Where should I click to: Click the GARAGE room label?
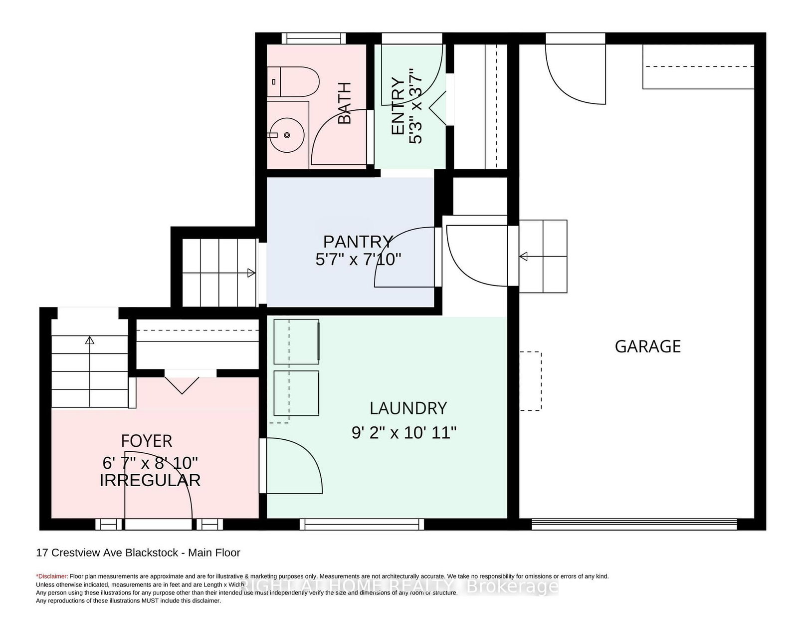[x=647, y=346]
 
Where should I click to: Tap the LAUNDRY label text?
[x=408, y=408]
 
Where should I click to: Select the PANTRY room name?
[x=358, y=242]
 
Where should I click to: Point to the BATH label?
[x=345, y=103]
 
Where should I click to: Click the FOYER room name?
[x=147, y=441]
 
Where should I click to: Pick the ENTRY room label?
[x=398, y=106]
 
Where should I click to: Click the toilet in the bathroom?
[x=293, y=81]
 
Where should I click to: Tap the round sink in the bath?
[x=287, y=135]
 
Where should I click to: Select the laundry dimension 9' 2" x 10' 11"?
[x=404, y=432]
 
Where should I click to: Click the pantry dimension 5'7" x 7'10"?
[x=358, y=260]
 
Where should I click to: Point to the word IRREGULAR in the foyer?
[x=150, y=480]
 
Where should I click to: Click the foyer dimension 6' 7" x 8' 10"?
[x=150, y=463]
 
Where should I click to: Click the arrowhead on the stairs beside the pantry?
[x=251, y=273]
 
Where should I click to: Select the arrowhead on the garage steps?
[x=523, y=257]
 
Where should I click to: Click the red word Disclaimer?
[x=52, y=576]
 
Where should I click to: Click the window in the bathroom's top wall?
[x=314, y=38]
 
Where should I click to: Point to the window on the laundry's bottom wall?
[x=362, y=524]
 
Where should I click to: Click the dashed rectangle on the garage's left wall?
[x=530, y=381]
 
